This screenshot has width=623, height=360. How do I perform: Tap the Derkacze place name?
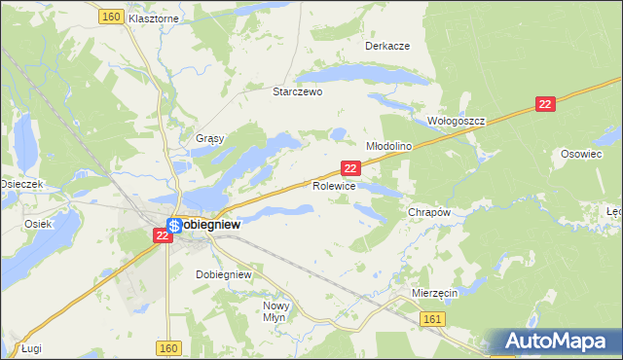[386, 46]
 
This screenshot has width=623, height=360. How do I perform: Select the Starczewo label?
[297, 91]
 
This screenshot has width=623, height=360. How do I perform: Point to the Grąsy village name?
[210, 138]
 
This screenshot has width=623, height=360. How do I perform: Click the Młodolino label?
[389, 145]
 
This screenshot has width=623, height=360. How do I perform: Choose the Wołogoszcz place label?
[457, 121]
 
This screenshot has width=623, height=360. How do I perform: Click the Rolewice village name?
[334, 185]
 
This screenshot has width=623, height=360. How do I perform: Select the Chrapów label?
[429, 212]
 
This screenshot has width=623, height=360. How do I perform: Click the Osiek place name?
[37, 223]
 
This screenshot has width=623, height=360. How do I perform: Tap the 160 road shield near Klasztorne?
[110, 17]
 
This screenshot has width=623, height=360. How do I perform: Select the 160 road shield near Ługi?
[167, 347]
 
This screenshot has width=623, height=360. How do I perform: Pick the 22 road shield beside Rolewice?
[352, 168]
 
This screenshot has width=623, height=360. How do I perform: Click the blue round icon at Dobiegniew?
[171, 224]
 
